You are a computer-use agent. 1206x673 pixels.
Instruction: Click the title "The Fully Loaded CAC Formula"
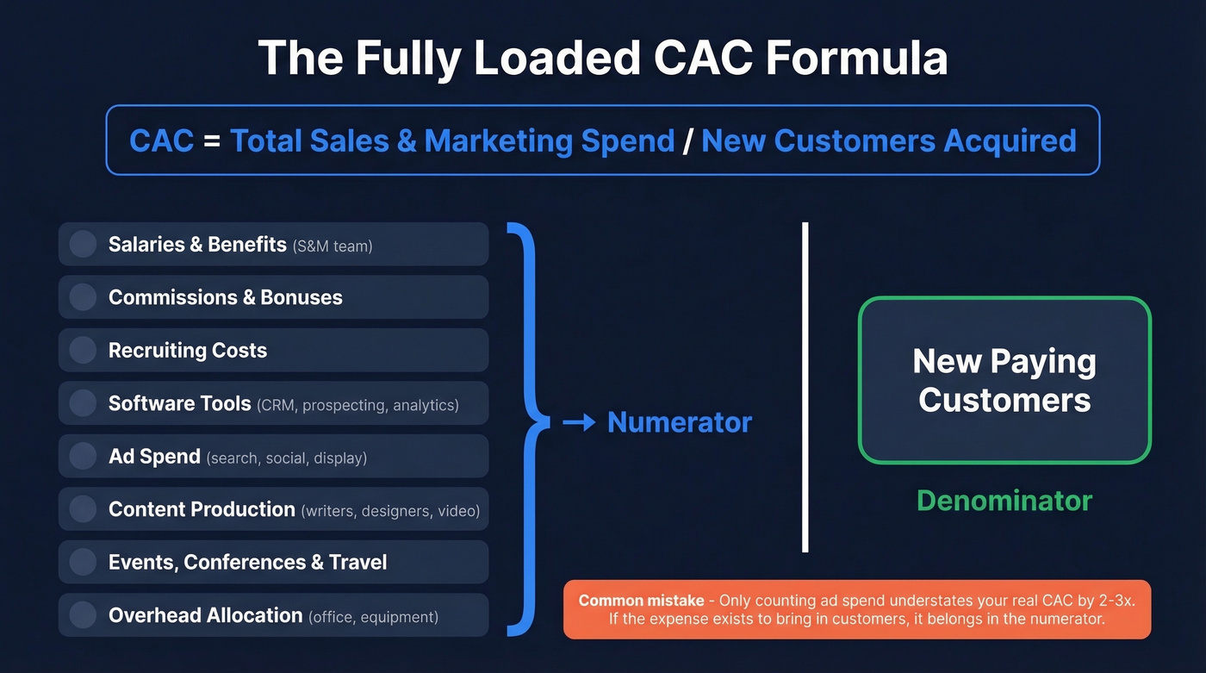click(x=603, y=59)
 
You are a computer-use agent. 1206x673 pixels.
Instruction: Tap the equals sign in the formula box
click(x=212, y=140)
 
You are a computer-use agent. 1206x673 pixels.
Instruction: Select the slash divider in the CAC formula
click(x=687, y=140)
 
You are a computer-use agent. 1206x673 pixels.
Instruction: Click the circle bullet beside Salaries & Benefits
click(x=83, y=244)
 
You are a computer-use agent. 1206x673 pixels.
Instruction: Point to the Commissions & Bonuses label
click(x=225, y=297)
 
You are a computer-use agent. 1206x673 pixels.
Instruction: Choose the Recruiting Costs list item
click(x=188, y=351)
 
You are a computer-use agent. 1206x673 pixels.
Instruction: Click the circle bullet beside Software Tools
click(x=83, y=403)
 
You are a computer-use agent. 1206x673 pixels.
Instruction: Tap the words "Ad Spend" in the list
click(x=154, y=457)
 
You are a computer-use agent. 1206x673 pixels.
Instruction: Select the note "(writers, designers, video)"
click(x=390, y=511)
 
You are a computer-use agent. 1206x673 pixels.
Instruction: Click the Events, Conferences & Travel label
click(x=247, y=563)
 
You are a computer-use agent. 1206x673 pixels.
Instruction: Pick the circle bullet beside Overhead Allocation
click(x=83, y=615)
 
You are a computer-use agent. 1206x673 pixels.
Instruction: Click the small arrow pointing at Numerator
click(x=579, y=422)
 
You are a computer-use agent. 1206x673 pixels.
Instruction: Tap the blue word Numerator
click(x=680, y=422)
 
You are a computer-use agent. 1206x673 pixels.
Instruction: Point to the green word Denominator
click(x=1004, y=501)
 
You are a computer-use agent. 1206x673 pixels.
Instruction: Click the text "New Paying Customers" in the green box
click(x=1004, y=380)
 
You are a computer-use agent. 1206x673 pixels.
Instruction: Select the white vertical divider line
click(x=805, y=387)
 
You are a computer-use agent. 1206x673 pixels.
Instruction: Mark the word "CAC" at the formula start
click(x=161, y=140)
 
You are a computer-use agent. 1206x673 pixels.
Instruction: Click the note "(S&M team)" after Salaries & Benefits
click(x=333, y=246)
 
